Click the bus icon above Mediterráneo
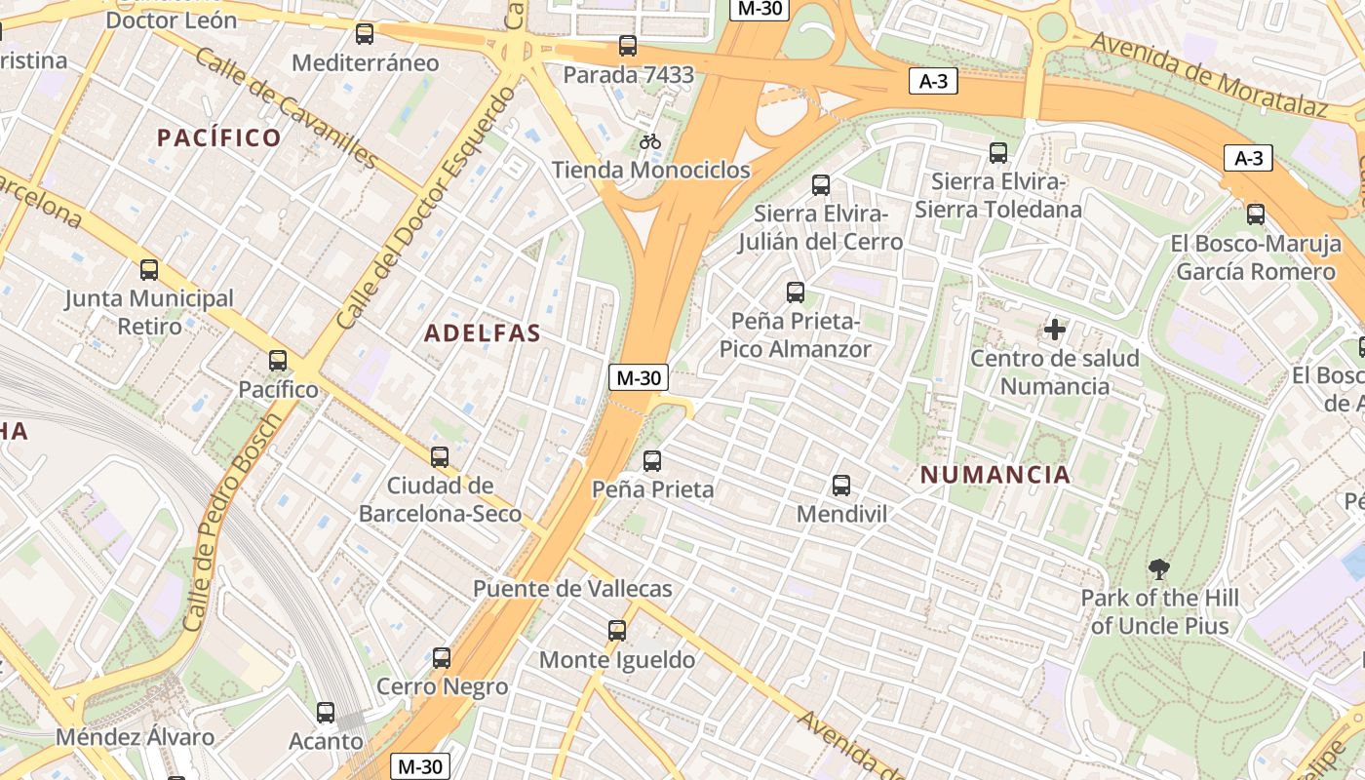pyautogui.click(x=365, y=34)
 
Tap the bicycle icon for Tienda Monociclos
pyautogui.click(x=650, y=141)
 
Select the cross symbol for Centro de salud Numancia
pyautogui.click(x=1054, y=330)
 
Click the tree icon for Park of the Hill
pyautogui.click(x=1158, y=568)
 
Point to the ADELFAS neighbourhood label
pyautogui.click(x=482, y=333)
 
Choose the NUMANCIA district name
pyautogui.click(x=995, y=476)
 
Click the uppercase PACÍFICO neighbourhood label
pyautogui.click(x=219, y=137)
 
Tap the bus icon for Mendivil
pyautogui.click(x=841, y=485)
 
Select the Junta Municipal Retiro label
pyautogui.click(x=150, y=312)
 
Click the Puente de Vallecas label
pyautogui.click(x=572, y=589)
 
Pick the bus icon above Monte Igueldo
pyautogui.click(x=617, y=631)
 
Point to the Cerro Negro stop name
pyautogui.click(x=443, y=687)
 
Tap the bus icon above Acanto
pyautogui.click(x=326, y=713)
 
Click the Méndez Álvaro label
pyautogui.click(x=135, y=737)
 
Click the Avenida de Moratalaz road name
pyautogui.click(x=1209, y=73)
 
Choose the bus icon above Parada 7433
pyautogui.click(x=628, y=46)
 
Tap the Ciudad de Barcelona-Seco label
pyautogui.click(x=440, y=499)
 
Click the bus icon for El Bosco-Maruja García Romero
pyautogui.click(x=1256, y=214)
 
